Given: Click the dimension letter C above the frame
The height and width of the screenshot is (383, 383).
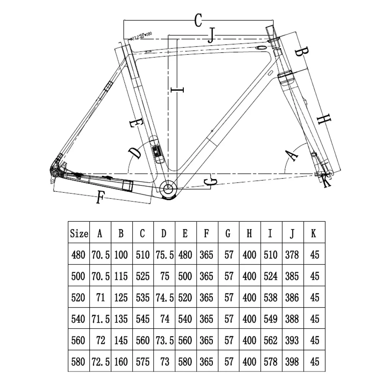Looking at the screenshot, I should tap(198, 20).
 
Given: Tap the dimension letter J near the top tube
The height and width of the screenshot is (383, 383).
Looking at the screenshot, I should tap(210, 36).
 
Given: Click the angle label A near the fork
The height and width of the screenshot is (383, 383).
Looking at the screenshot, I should tap(293, 155).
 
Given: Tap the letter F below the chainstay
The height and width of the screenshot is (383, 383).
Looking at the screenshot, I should tap(100, 197).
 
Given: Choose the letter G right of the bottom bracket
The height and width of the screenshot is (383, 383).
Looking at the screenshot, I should tap(210, 181).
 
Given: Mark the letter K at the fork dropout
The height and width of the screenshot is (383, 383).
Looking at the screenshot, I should tap(326, 180).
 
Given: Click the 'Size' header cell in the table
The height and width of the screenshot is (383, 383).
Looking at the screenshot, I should tap(79, 234).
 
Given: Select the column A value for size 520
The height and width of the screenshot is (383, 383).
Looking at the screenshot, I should tap(100, 298).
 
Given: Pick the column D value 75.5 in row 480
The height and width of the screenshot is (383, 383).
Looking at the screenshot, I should tap(164, 255).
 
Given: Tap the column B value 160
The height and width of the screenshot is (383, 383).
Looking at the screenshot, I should tap(121, 361).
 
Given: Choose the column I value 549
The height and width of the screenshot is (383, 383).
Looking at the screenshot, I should tap(270, 319).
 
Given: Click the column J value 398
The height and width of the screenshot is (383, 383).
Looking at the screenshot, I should tap(292, 361).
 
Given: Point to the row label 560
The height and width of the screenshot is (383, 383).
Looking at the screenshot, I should tap(79, 340).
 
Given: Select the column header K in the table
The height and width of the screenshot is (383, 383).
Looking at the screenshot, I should tap(314, 234).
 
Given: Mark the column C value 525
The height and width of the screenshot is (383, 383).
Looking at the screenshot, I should tap(143, 276).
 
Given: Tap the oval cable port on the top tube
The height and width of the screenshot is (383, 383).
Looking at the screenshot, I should tap(262, 48).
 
